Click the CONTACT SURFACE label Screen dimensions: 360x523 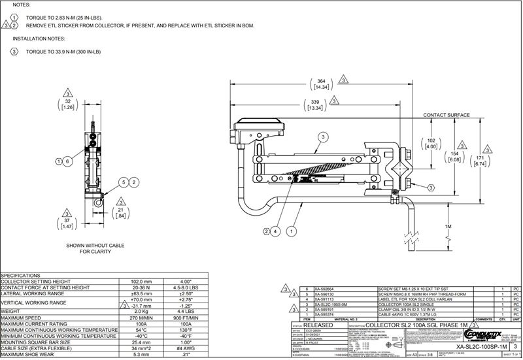[x=447, y=115]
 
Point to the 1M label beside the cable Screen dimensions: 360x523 [x=448, y=226]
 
